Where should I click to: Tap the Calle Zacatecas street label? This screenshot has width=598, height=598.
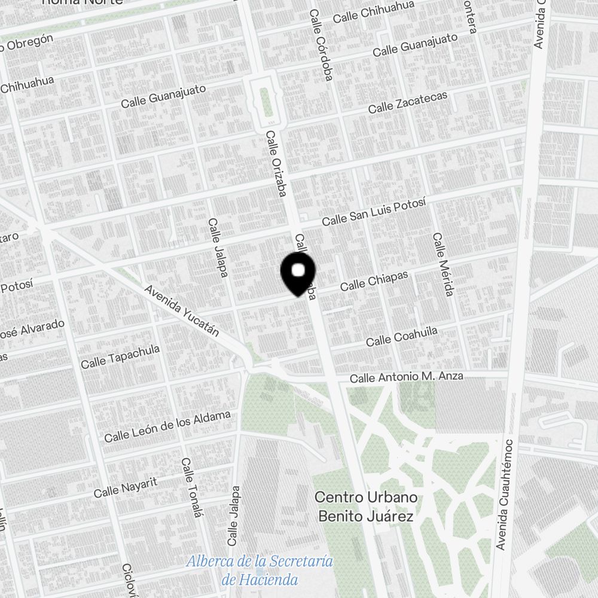pos(407,102)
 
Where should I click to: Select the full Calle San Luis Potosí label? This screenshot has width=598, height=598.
pos(374,212)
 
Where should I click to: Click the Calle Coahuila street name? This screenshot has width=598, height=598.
pos(401,336)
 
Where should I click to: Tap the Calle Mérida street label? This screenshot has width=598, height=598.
pos(443,264)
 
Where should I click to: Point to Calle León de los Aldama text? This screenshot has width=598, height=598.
pos(167,426)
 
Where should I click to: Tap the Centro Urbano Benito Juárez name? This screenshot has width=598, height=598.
pos(365,507)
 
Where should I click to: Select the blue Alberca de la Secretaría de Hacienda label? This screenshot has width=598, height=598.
pos(259,570)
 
